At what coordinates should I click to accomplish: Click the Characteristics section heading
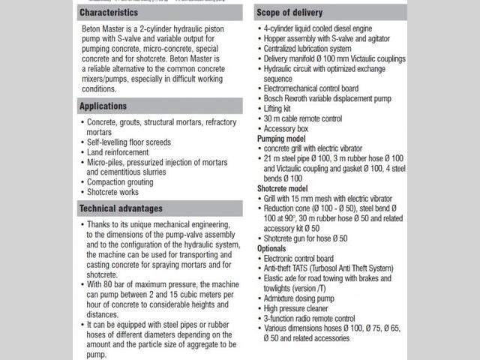109,13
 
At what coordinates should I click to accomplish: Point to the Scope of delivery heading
294,13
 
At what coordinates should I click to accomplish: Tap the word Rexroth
304,98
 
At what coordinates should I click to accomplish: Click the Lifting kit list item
279,108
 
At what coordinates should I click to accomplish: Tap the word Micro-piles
108,162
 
